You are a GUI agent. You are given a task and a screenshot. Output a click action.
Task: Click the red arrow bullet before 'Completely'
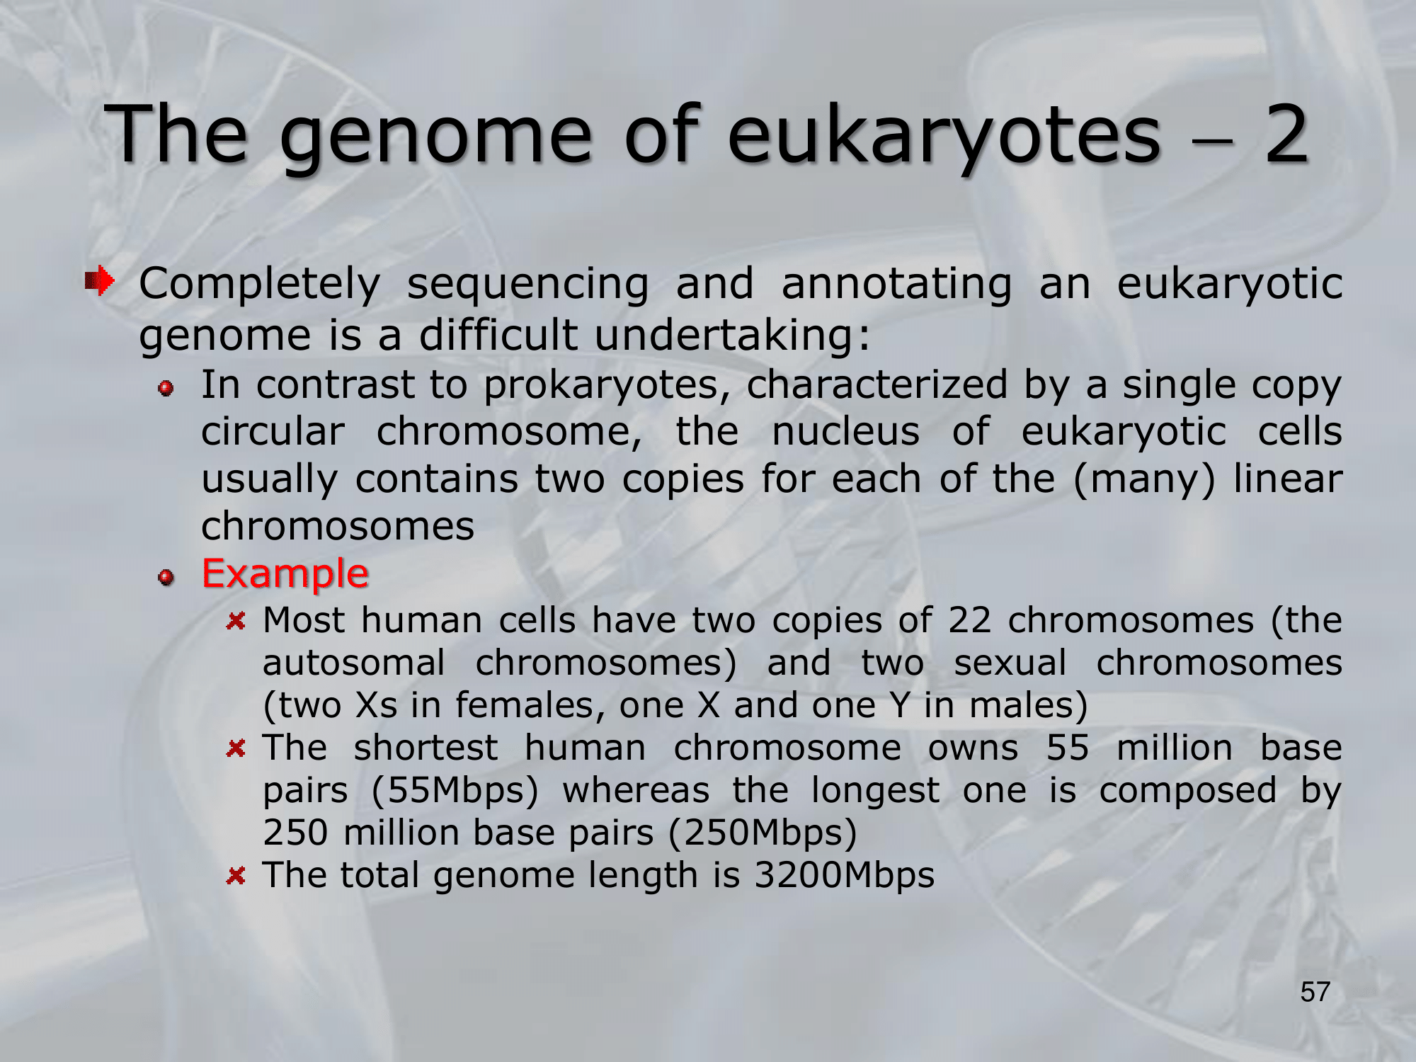[x=99, y=281]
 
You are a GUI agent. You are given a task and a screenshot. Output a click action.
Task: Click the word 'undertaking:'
[x=732, y=336]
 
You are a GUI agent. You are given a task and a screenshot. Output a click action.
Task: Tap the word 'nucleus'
[x=845, y=431]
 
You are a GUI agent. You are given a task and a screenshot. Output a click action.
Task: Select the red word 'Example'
[x=285, y=573]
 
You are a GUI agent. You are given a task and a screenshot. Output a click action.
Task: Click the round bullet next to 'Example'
[x=166, y=578]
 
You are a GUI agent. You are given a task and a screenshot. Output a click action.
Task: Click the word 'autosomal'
[x=354, y=663]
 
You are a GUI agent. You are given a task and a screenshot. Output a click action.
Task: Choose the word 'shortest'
[x=426, y=748]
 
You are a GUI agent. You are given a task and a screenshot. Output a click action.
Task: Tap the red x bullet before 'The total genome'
[x=236, y=877]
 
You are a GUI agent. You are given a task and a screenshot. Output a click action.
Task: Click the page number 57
[x=1315, y=992]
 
